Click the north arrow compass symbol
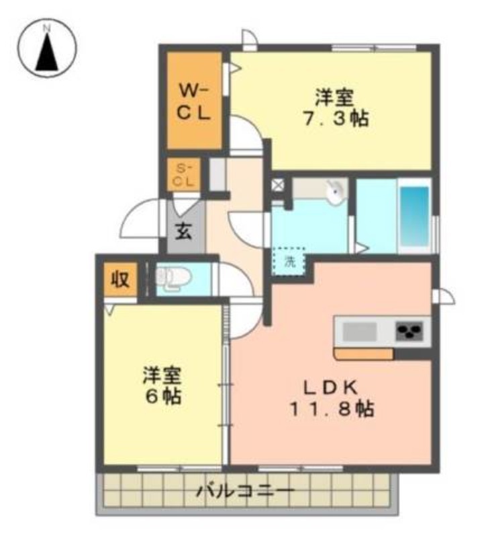click(47, 48)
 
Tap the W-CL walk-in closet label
click(194, 102)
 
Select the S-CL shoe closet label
click(183, 175)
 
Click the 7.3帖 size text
click(336, 119)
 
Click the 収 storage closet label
click(120, 279)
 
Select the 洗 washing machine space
click(289, 262)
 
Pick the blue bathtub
click(415, 216)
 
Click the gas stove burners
click(409, 331)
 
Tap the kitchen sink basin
click(360, 332)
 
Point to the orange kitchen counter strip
click(364, 354)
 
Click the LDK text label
click(330, 388)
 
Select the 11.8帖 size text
click(332, 409)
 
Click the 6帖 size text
click(163, 397)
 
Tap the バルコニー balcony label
click(245, 492)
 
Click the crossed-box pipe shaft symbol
click(278, 184)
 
